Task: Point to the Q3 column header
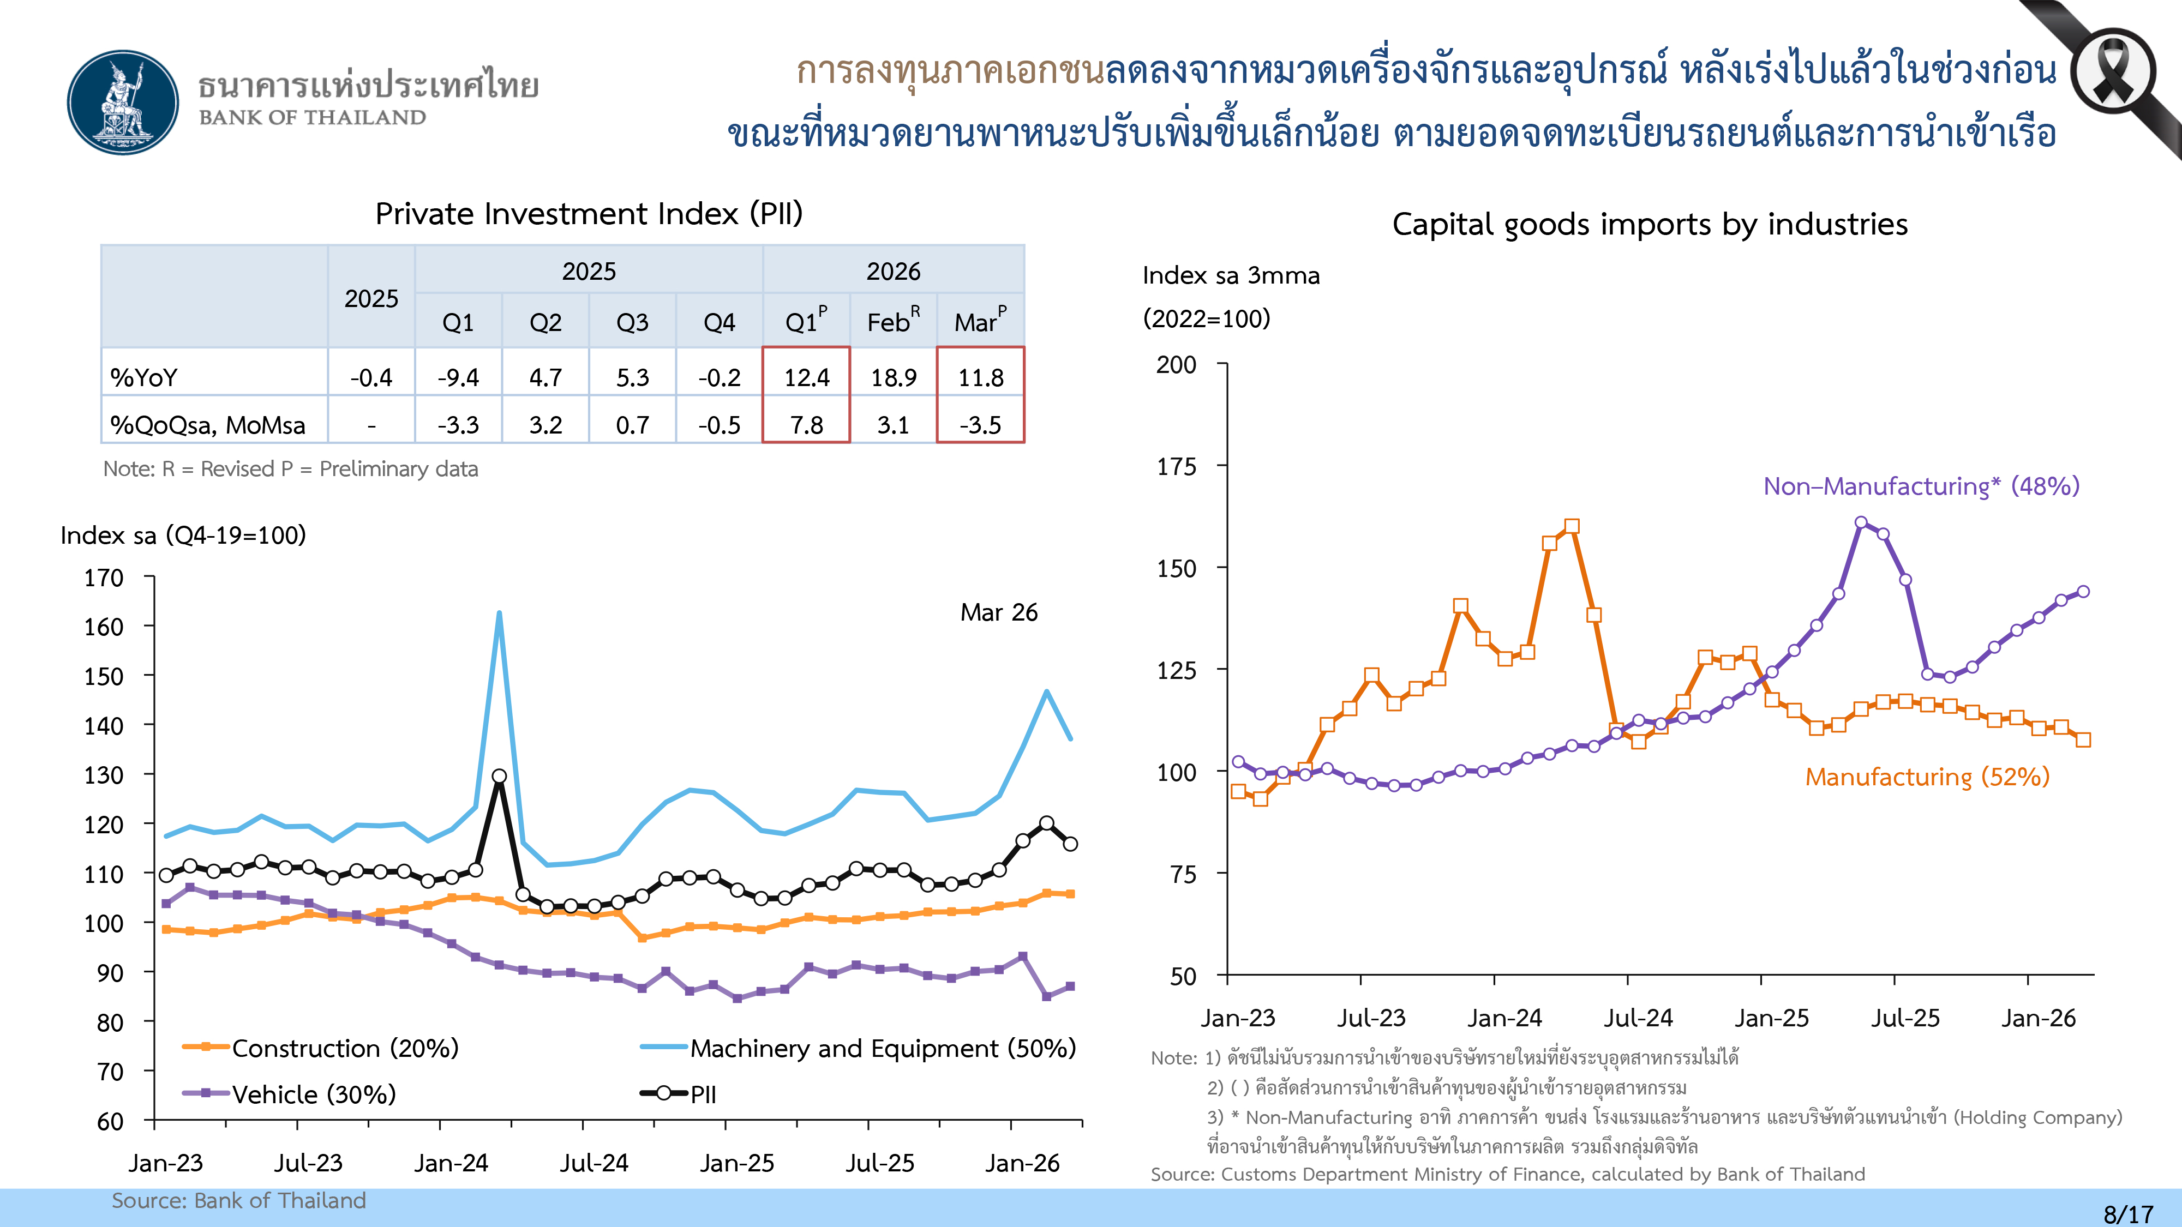(x=632, y=323)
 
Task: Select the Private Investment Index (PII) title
(x=589, y=213)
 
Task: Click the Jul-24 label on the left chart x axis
(x=594, y=1163)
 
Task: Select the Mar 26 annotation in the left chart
(x=999, y=612)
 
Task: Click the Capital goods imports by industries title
(x=1649, y=224)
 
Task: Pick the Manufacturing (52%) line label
(x=1927, y=777)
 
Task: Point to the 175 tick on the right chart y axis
(x=1177, y=467)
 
